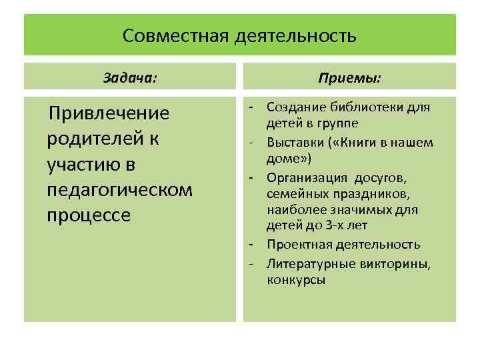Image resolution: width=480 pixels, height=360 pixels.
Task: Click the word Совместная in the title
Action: tap(176, 35)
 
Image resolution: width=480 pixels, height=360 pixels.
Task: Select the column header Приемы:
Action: tap(350, 77)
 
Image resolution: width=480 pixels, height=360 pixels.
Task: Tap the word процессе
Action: tap(89, 217)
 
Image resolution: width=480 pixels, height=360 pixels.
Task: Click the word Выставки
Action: tap(293, 142)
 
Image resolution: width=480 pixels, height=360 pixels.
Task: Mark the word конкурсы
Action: tap(296, 279)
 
